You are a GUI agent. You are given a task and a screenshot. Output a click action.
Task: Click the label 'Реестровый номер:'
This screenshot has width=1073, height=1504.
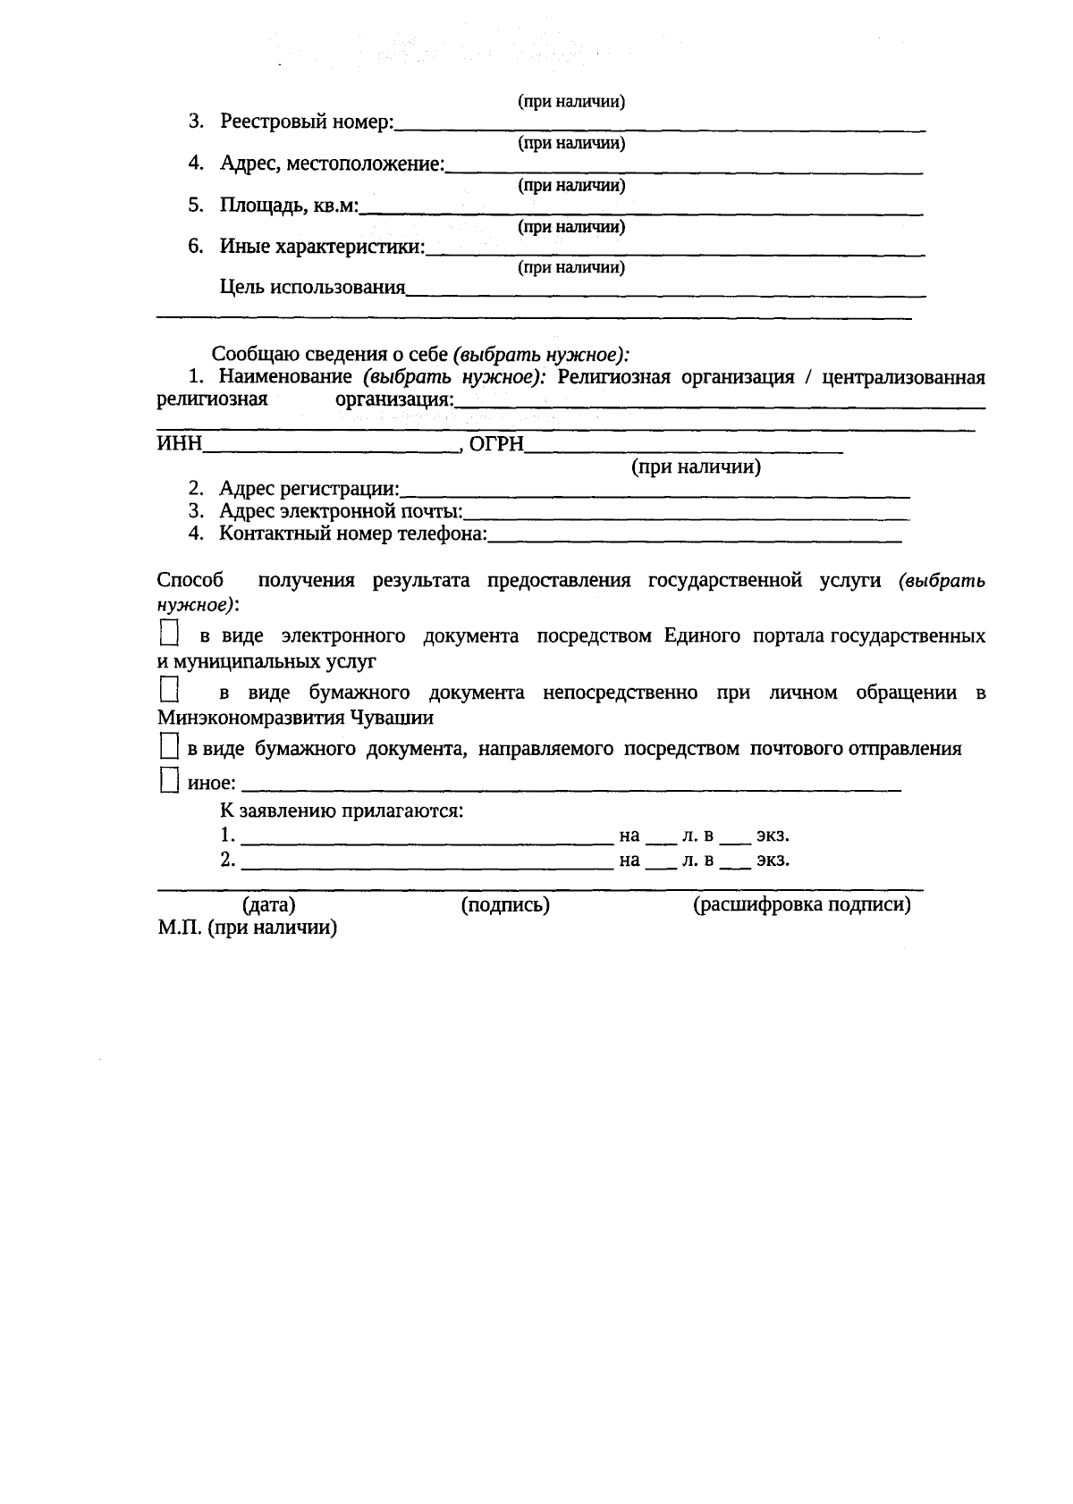click(307, 122)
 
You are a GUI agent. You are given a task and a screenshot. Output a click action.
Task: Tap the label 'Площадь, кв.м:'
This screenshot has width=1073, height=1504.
click(289, 206)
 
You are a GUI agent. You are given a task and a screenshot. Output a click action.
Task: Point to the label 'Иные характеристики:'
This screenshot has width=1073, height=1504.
click(322, 247)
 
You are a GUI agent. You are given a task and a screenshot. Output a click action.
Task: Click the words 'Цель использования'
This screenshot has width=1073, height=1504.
click(312, 288)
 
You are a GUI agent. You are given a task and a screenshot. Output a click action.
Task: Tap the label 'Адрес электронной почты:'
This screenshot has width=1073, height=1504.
click(341, 512)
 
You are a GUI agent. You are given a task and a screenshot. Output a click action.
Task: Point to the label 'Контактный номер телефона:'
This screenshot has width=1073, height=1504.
click(353, 534)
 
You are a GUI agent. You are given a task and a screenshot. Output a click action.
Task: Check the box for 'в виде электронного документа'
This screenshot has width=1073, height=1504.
click(169, 634)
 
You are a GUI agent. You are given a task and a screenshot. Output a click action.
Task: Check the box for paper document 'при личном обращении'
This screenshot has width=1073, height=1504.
click(169, 690)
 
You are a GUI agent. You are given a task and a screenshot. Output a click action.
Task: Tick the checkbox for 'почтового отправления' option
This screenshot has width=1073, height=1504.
click(169, 747)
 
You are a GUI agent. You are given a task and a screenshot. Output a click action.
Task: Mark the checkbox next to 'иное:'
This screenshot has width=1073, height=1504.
click(169, 781)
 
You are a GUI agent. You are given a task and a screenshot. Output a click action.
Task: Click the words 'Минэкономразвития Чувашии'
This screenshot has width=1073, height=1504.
click(295, 718)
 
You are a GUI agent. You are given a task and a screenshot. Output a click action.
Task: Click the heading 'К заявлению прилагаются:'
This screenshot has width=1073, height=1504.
click(342, 811)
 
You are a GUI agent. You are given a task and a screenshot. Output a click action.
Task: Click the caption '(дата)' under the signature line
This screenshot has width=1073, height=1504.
click(269, 905)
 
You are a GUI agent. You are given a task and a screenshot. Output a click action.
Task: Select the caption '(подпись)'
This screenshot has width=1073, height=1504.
click(505, 905)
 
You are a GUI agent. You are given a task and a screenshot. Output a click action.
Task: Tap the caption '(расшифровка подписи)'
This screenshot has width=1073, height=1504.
click(802, 905)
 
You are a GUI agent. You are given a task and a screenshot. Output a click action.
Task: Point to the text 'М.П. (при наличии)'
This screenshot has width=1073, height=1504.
click(248, 928)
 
